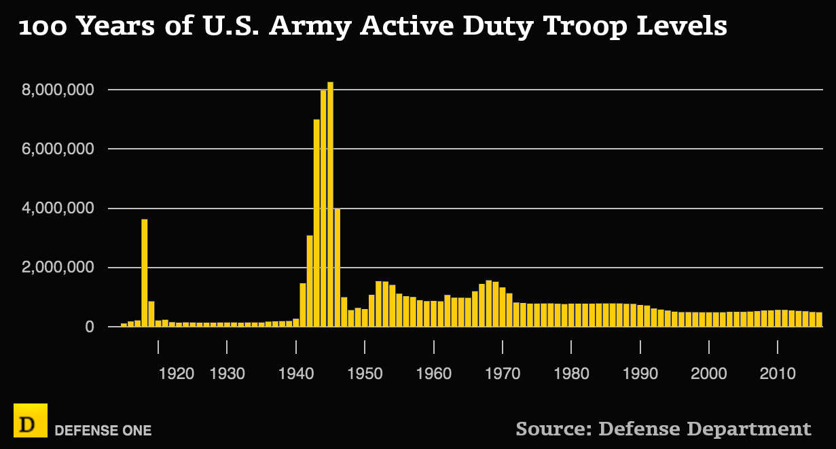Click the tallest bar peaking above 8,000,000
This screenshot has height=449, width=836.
[x=330, y=204]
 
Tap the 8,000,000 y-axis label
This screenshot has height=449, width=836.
[x=65, y=90]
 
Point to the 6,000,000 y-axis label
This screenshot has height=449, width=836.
[x=65, y=149]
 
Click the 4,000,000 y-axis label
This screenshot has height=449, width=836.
[x=65, y=209]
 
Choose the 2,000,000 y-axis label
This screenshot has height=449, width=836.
[x=65, y=268]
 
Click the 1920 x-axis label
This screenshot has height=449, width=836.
[x=177, y=373]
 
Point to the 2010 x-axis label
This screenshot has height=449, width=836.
[x=778, y=373]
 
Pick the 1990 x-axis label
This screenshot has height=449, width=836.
[x=640, y=373]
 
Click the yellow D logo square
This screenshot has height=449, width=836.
[x=30, y=420]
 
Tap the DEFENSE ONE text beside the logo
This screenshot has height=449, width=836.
[x=103, y=431]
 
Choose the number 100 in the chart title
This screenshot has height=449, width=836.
[x=43, y=27]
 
